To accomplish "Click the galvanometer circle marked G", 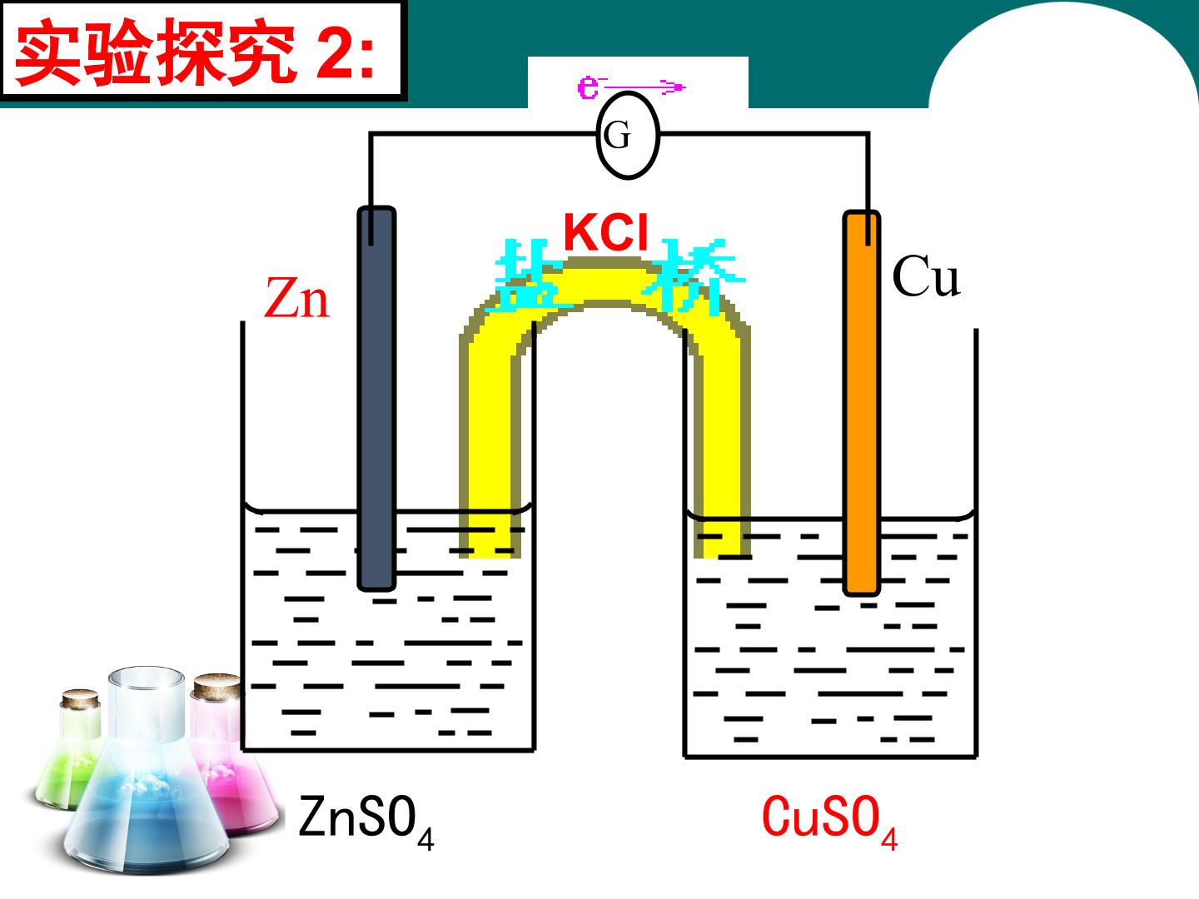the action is point(628,135).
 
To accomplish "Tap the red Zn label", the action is point(296,298).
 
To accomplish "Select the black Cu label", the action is point(926,276).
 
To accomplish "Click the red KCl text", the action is point(606,232).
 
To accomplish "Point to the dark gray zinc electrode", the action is point(376,399).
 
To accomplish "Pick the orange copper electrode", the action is point(862,403).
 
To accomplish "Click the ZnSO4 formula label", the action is point(366,822).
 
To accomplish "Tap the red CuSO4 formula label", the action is point(829,822).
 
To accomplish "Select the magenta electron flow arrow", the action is point(643,87).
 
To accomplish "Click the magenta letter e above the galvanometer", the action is point(588,87).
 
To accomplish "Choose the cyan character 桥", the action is point(693,276).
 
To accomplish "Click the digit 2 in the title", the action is point(336,53).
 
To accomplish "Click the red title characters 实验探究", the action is point(156,53).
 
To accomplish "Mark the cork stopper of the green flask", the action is point(80,698).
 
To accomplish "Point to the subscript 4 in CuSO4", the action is point(888,840).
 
